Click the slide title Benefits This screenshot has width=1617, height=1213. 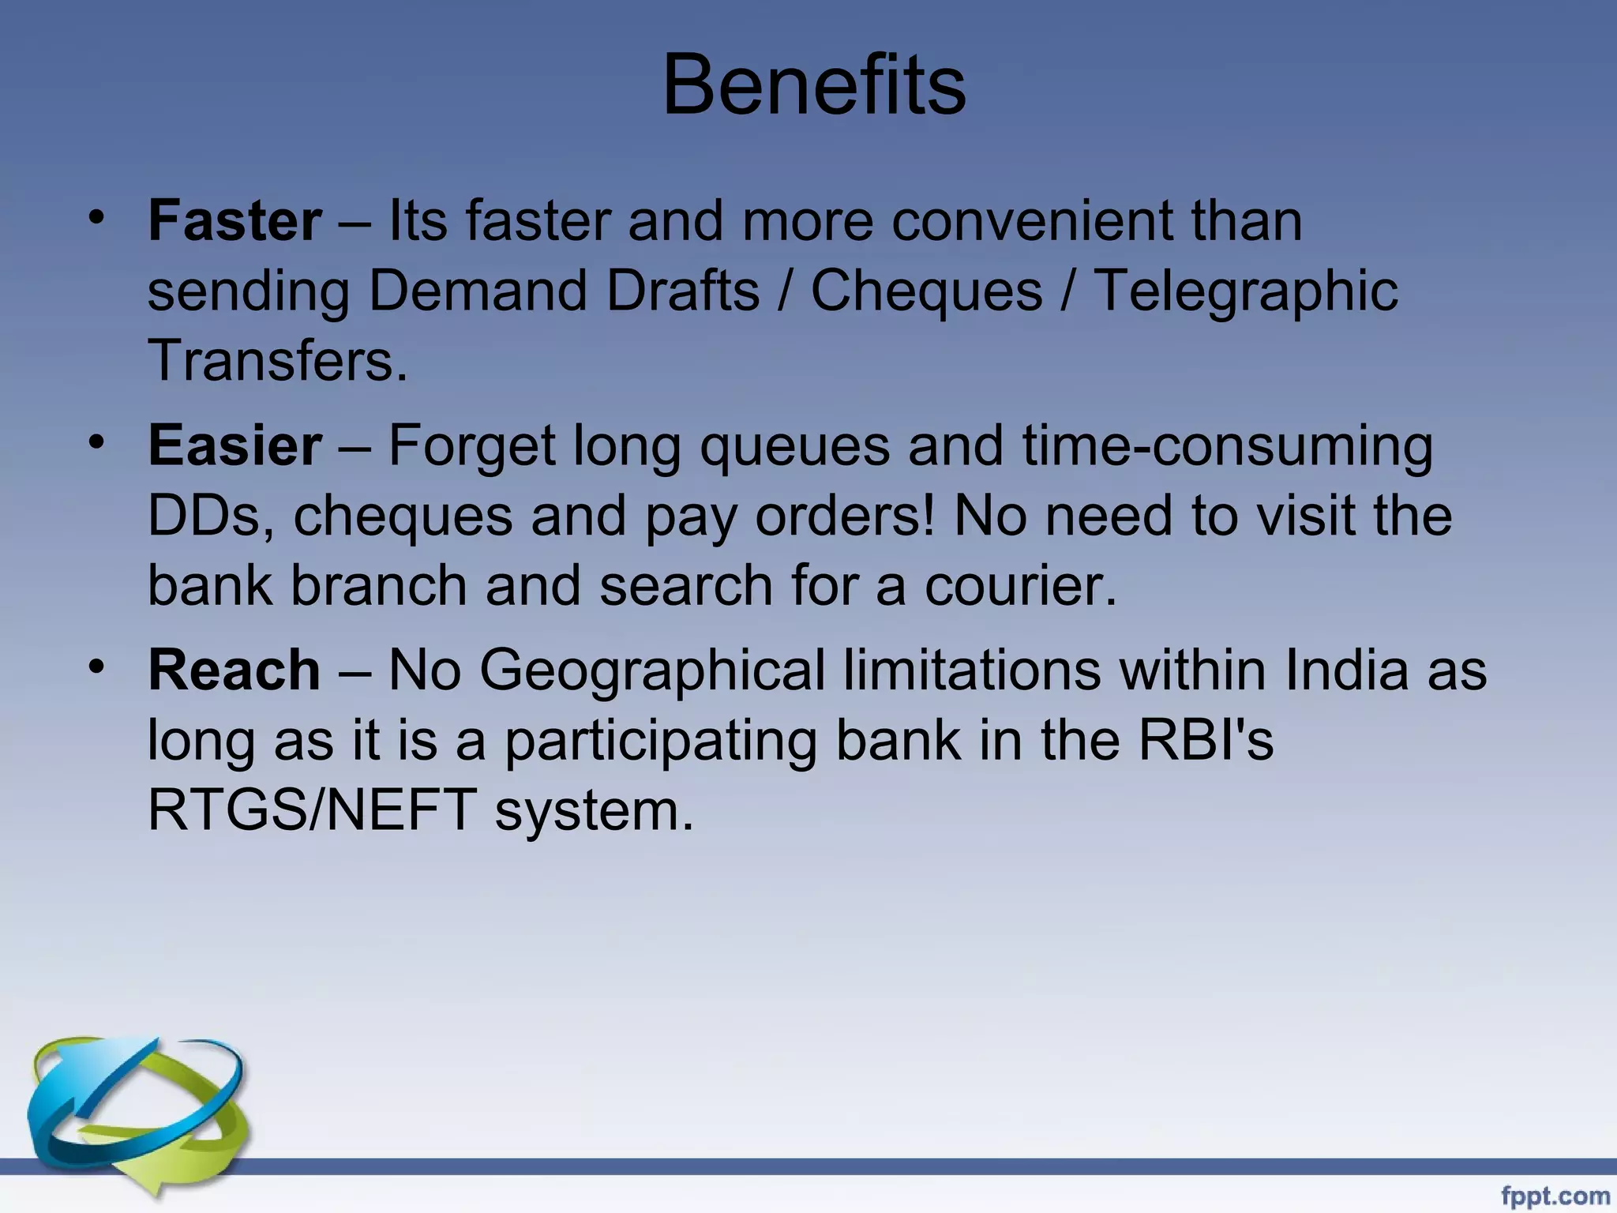click(814, 84)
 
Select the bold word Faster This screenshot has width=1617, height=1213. click(234, 220)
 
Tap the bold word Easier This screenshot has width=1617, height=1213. click(234, 445)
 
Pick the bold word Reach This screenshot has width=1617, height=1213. click(234, 670)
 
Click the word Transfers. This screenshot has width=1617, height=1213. click(278, 360)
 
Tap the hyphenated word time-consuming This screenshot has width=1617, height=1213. click(1227, 446)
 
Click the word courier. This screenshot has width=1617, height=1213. click(1020, 586)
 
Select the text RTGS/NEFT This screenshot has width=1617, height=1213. click(312, 810)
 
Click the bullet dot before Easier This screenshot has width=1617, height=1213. click(96, 441)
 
